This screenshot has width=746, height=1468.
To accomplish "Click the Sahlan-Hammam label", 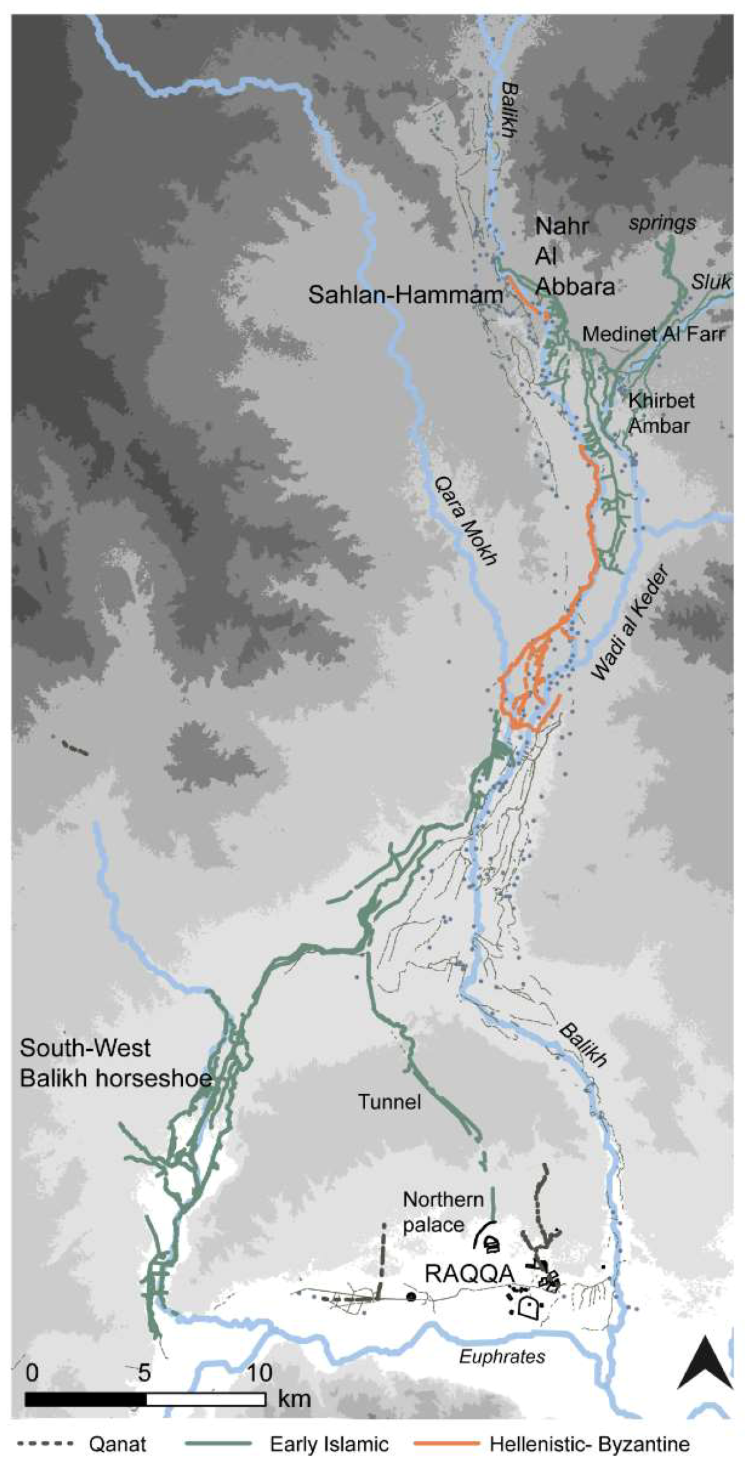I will point(406,295).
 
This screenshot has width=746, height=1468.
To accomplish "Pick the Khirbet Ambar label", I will point(661,413).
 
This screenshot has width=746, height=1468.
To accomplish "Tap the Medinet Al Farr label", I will point(653,335).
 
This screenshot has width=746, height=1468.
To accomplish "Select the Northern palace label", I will point(443,1211).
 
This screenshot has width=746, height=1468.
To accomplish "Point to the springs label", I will point(662,223).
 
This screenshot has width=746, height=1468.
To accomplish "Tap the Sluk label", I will point(711,282).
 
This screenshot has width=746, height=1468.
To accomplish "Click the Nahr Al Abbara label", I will point(573,256).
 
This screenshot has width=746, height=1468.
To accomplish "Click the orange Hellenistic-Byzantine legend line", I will point(448,1444).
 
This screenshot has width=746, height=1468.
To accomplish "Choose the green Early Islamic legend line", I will point(219,1444).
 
